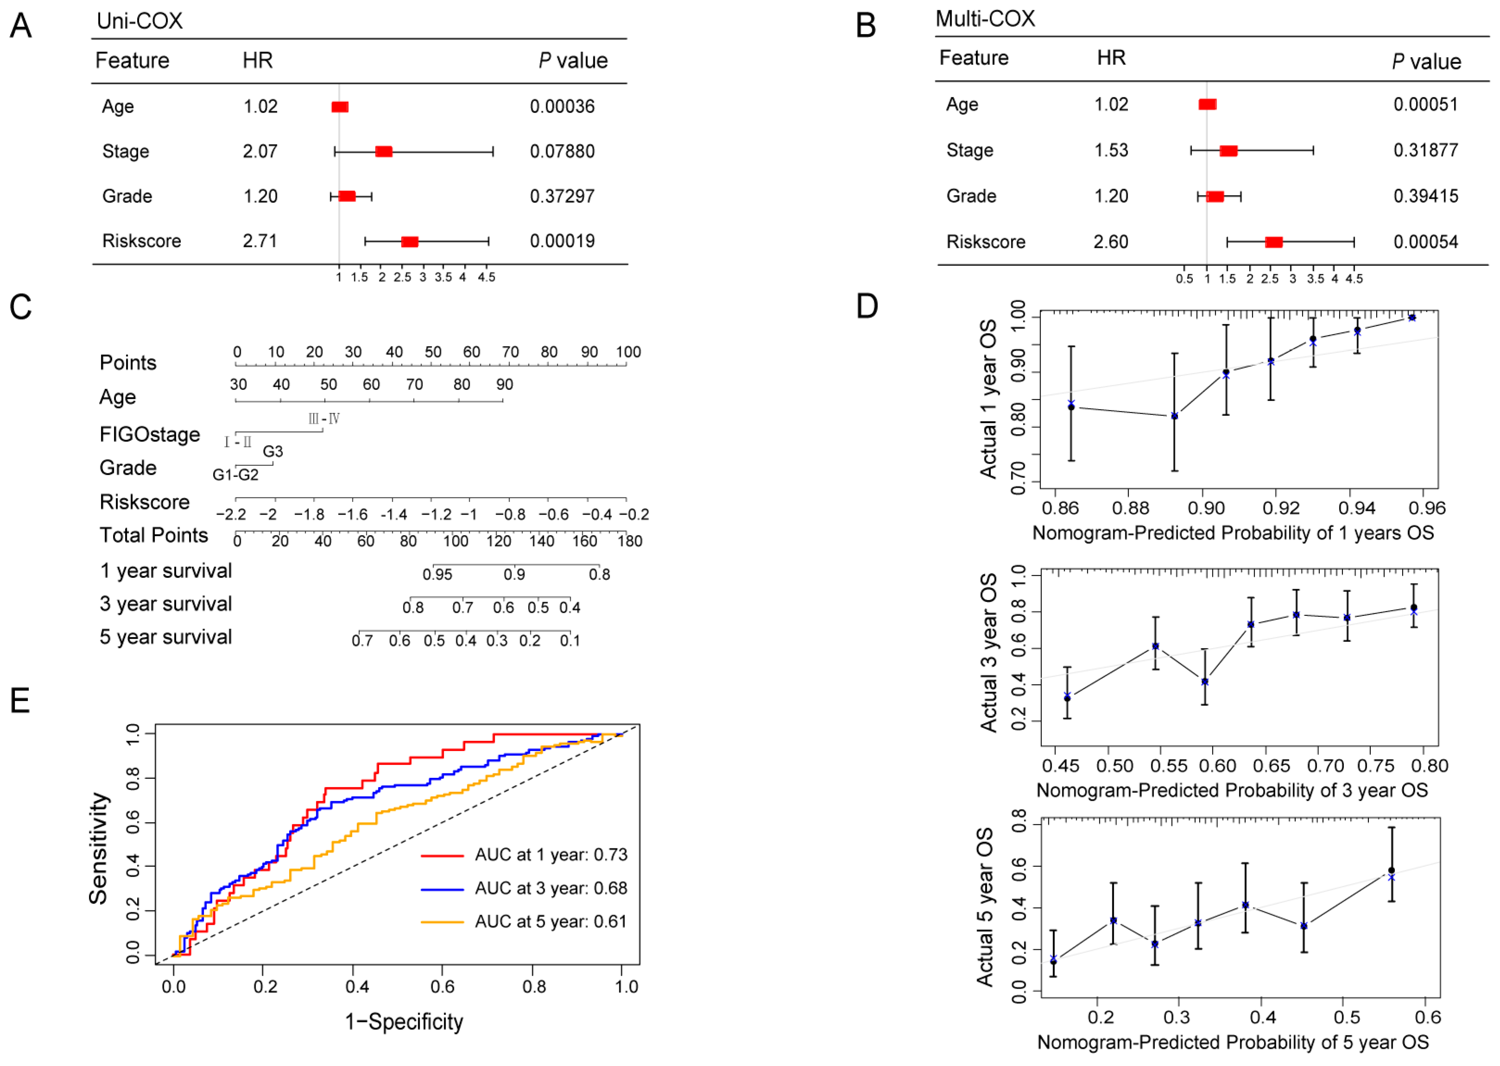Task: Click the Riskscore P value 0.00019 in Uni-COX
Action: tap(562, 241)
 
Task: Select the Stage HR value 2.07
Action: tap(260, 151)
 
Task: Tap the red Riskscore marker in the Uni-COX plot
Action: tap(410, 242)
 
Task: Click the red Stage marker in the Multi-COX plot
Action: tap(1228, 150)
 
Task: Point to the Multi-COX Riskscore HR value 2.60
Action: tap(1111, 242)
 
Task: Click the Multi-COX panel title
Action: tap(985, 19)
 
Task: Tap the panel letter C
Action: tap(20, 307)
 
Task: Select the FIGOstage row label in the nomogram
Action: tap(150, 434)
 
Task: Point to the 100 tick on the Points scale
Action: tap(628, 352)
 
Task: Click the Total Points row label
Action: tap(154, 536)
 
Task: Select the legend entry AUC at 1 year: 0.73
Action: tap(551, 855)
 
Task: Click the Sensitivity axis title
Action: tap(99, 848)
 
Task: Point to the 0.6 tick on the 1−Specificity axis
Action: tap(442, 986)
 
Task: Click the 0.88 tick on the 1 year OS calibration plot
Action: tap(1130, 508)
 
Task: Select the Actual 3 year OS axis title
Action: tap(988, 652)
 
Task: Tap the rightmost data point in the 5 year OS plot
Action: tap(1391, 871)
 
